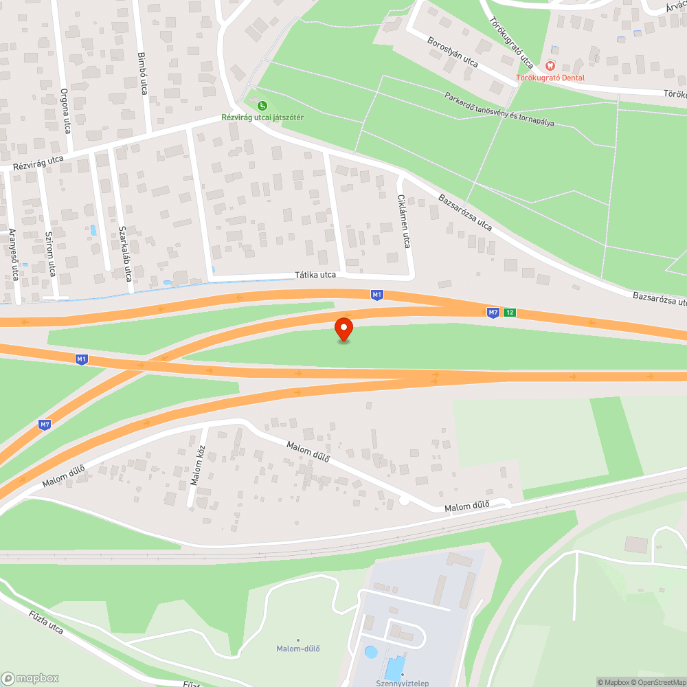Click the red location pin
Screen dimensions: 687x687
click(343, 328)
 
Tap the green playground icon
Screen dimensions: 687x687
click(262, 105)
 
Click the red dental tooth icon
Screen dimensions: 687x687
click(549, 65)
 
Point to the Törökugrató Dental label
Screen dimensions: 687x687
click(550, 78)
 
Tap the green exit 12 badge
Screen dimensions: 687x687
click(509, 313)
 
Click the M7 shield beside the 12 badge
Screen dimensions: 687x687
click(493, 313)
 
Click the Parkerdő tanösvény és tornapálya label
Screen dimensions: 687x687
click(499, 109)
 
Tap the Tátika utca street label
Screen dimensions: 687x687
click(315, 275)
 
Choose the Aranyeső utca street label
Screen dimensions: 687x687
click(13, 255)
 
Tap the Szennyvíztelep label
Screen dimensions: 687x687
click(402, 683)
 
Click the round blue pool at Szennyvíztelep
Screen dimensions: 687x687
click(371, 652)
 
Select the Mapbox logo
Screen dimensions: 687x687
click(31, 677)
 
